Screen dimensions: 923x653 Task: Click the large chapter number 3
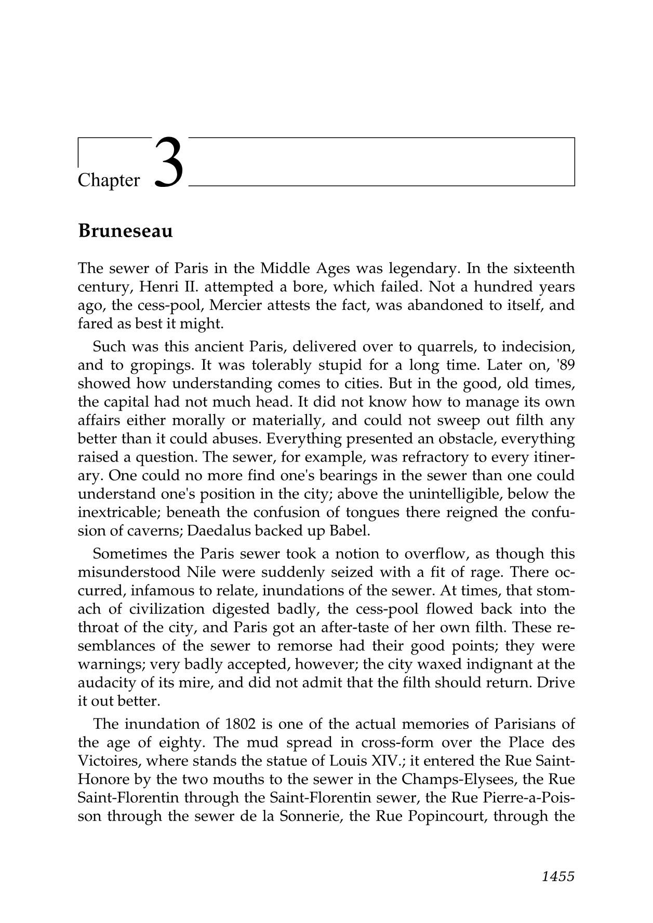[169, 162]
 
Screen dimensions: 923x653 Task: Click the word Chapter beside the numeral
[109, 181]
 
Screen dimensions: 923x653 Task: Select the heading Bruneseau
[125, 231]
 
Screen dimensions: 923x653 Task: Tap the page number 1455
[558, 877]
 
